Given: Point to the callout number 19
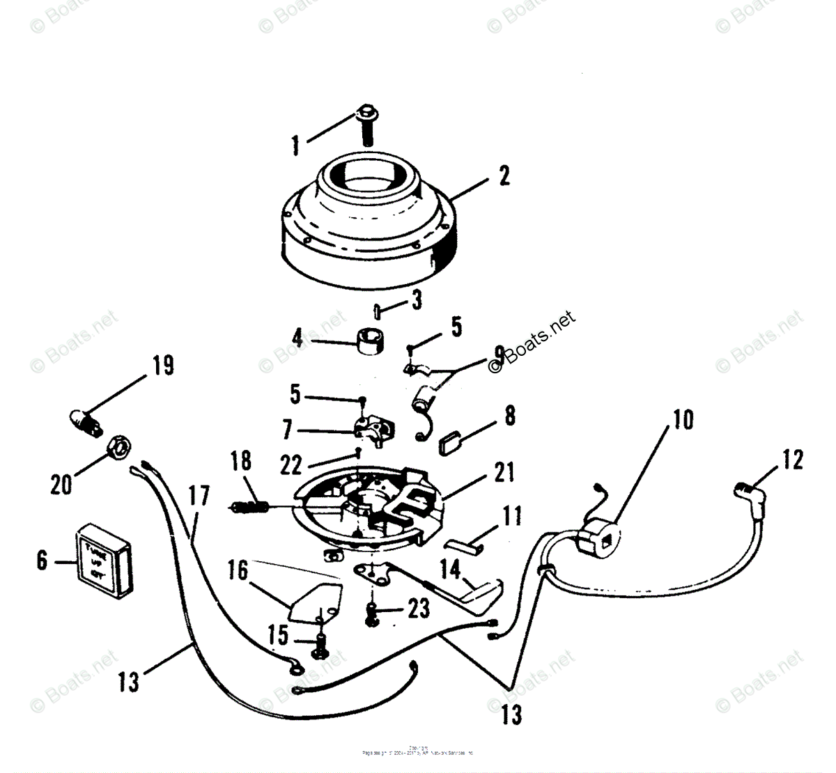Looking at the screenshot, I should click(x=162, y=366).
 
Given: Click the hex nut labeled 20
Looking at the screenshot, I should click(x=116, y=448).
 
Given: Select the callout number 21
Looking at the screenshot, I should click(x=504, y=472).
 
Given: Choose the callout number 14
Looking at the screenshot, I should click(x=451, y=570).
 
